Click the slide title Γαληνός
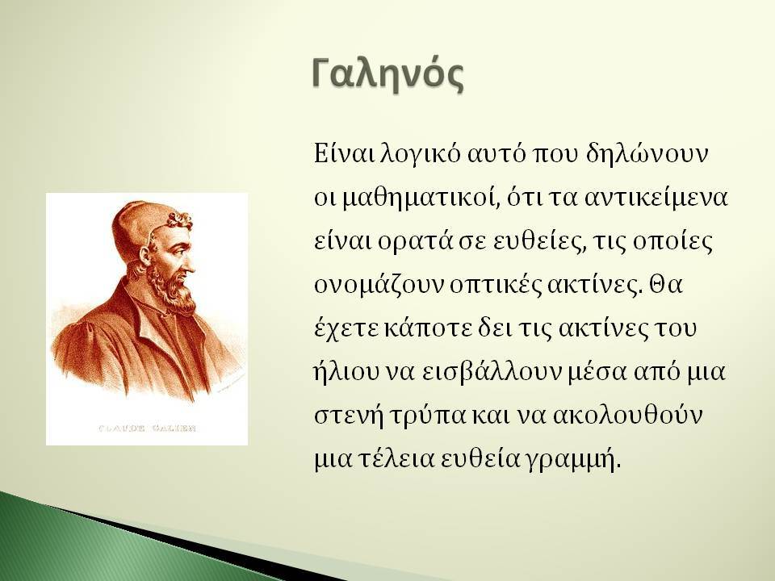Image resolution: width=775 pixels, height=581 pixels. click(388, 75)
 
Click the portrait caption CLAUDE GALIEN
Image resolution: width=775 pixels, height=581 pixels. click(147, 428)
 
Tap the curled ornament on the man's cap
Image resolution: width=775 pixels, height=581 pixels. click(180, 219)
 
